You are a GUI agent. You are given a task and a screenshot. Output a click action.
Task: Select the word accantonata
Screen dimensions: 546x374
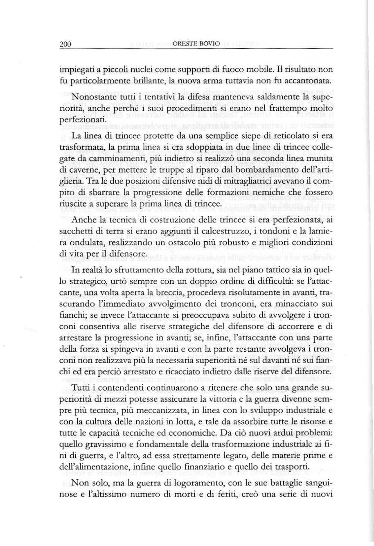tap(307, 82)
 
